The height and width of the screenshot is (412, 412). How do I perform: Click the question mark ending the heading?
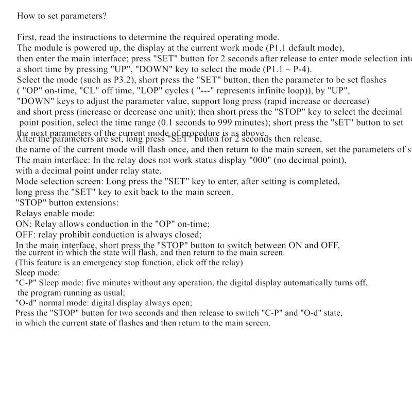[x=105, y=15]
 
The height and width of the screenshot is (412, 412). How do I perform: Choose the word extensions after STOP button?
[x=98, y=202]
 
